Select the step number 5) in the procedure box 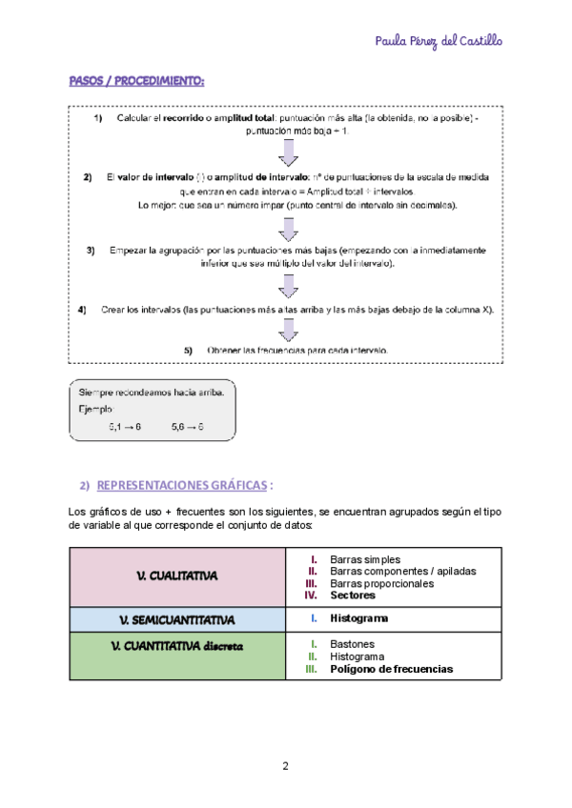(x=189, y=351)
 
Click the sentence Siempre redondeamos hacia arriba (x=150, y=392)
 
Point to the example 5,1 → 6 (x=125, y=428)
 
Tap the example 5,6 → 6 (x=188, y=428)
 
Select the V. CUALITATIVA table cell (x=177, y=576)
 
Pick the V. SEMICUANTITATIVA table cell (x=177, y=619)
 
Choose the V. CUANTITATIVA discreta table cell (x=177, y=647)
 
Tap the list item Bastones (x=353, y=644)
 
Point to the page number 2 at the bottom (x=285, y=767)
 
